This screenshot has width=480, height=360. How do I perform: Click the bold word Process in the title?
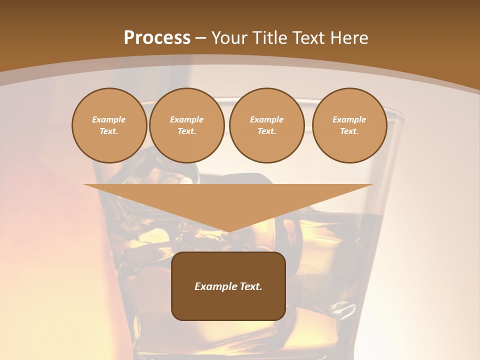157,38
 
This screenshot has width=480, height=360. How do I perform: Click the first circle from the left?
109,125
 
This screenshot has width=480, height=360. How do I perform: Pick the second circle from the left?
187,125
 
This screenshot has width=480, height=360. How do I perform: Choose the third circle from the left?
267,125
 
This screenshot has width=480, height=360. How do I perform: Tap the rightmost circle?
349,125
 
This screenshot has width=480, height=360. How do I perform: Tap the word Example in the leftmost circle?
109,119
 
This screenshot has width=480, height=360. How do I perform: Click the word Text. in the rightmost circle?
349,131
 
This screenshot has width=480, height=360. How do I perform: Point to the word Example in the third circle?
267,119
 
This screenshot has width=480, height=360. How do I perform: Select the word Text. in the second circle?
187,131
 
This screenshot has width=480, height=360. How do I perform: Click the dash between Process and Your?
201,38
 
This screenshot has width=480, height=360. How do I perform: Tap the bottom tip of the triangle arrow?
228,231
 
